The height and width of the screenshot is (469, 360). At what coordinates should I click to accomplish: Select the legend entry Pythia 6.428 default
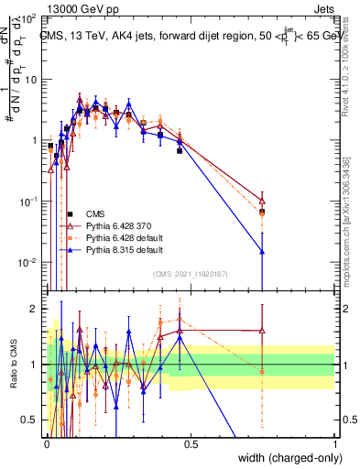[125, 237]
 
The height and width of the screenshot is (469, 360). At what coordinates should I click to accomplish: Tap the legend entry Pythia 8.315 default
[125, 249]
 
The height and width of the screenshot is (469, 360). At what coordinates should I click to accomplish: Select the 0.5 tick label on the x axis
[191, 442]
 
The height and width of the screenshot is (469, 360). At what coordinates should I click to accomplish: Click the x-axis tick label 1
[335, 442]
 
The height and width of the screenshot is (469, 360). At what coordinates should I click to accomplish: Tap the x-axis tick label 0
[46, 442]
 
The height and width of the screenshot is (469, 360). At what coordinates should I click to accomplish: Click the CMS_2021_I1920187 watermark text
[191, 273]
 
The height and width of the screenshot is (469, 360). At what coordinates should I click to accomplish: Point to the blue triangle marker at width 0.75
[263, 251]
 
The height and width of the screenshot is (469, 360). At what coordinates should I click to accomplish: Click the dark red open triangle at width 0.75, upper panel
[263, 202]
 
